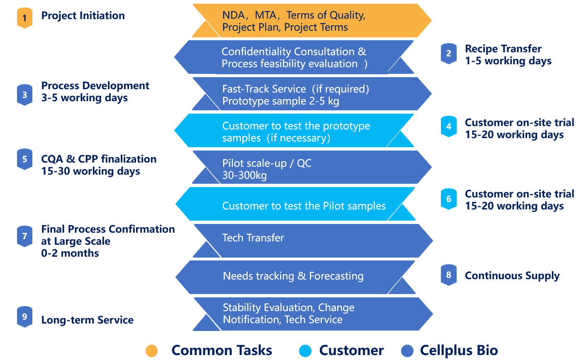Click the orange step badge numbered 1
pos(24,18)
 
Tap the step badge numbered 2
pos(448,54)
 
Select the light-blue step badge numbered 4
pos(448,126)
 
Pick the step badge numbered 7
pos(24,236)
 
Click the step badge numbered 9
pos(24,317)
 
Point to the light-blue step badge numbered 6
pos(448,199)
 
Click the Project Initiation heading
pos(83,16)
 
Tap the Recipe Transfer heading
pos(503,49)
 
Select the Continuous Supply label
pos(512,276)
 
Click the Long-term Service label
pos(87,320)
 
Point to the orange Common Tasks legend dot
pos(152,350)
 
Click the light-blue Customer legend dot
pos(305,350)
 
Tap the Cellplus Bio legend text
pos(459,350)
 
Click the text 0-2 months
pos(70,253)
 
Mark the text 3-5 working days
pos(84,98)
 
